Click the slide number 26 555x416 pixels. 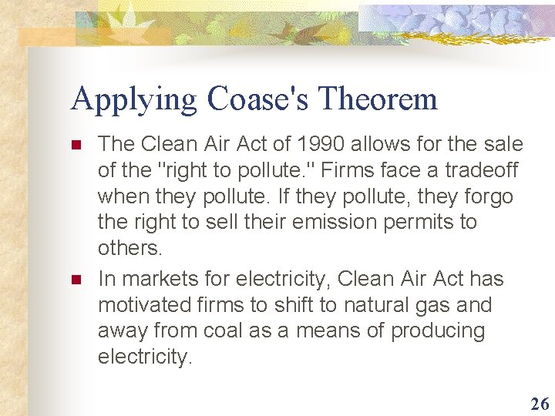[540, 403]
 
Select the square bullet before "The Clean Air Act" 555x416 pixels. [76, 145]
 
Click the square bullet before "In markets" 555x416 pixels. [76, 279]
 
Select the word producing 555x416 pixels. [438, 331]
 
